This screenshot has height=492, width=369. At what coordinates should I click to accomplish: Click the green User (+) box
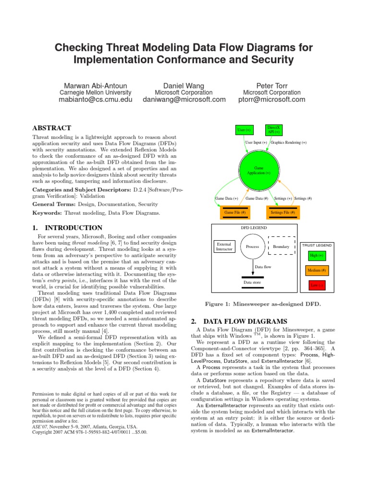pyautogui.click(x=244, y=130)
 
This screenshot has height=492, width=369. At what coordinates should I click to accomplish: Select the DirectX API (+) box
pyautogui.click(x=274, y=130)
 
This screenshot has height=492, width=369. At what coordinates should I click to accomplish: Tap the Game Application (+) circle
pyautogui.click(x=258, y=170)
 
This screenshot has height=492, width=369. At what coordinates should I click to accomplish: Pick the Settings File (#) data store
pyautogui.click(x=283, y=212)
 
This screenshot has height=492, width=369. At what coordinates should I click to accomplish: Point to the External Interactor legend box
pyautogui.click(x=224, y=246)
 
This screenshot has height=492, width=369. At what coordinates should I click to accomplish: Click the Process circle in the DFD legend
pyautogui.click(x=252, y=246)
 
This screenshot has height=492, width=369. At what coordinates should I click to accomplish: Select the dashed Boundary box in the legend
pyautogui.click(x=281, y=246)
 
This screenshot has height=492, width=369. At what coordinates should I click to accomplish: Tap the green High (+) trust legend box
pyautogui.click(x=316, y=256)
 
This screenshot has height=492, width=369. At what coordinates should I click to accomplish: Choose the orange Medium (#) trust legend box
pyautogui.click(x=316, y=271)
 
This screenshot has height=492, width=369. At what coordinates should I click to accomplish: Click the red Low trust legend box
pyautogui.click(x=316, y=286)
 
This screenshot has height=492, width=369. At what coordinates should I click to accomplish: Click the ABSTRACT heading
pyautogui.click(x=51, y=128)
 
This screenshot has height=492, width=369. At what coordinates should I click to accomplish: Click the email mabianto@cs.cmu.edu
pyautogui.click(x=95, y=99)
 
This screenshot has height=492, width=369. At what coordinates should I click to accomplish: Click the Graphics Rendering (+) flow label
pyautogui.click(x=289, y=143)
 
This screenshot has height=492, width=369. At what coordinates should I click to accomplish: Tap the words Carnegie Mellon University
pyautogui.click(x=95, y=92)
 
